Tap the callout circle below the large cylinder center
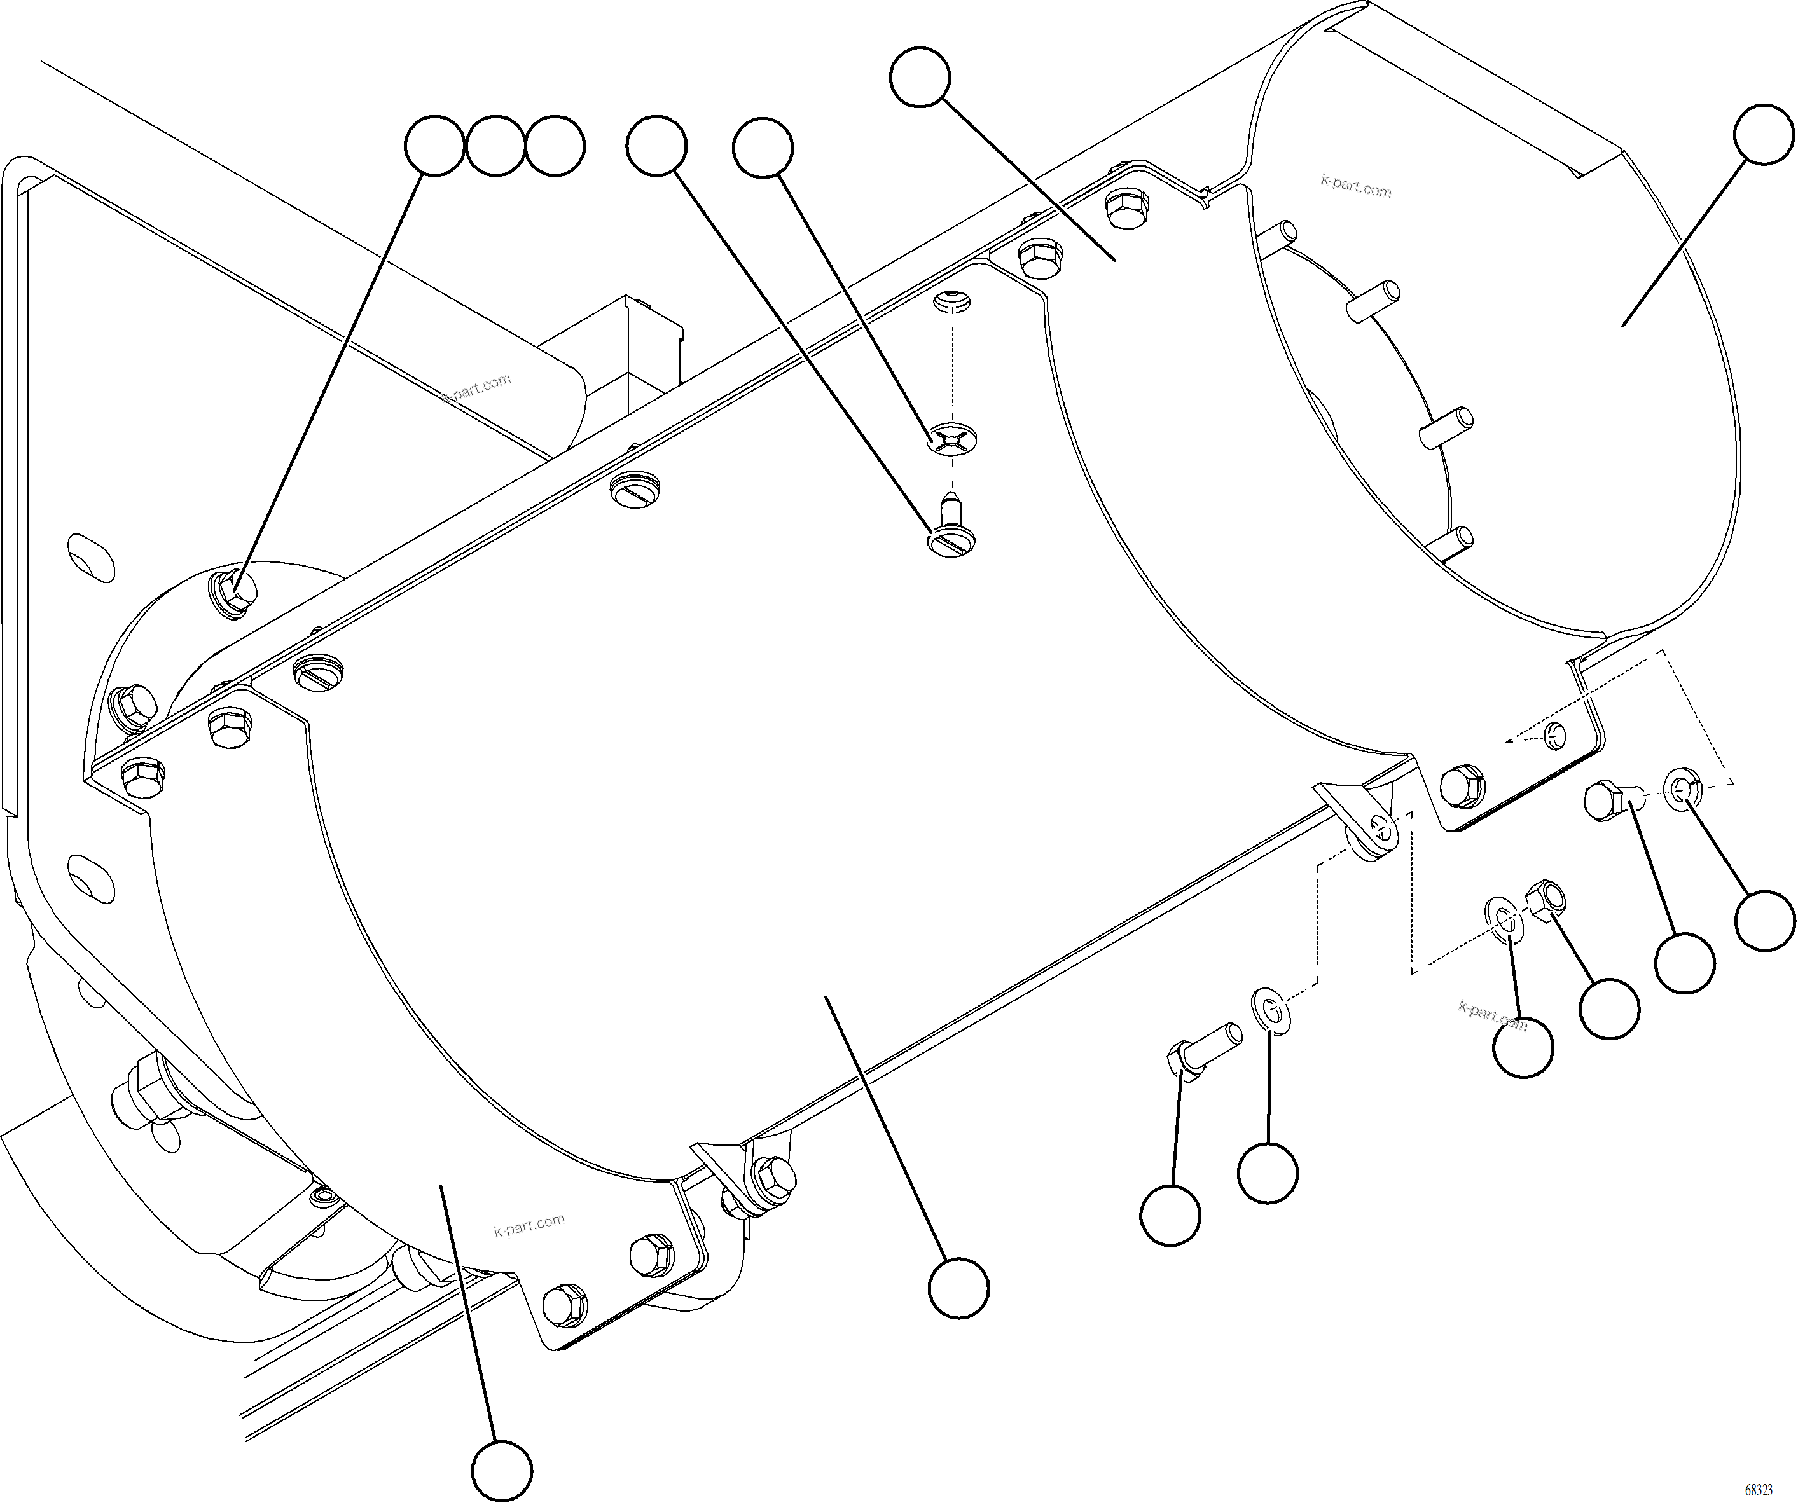tap(959, 1288)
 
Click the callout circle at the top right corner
tap(1764, 134)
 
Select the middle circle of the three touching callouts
tap(495, 146)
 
